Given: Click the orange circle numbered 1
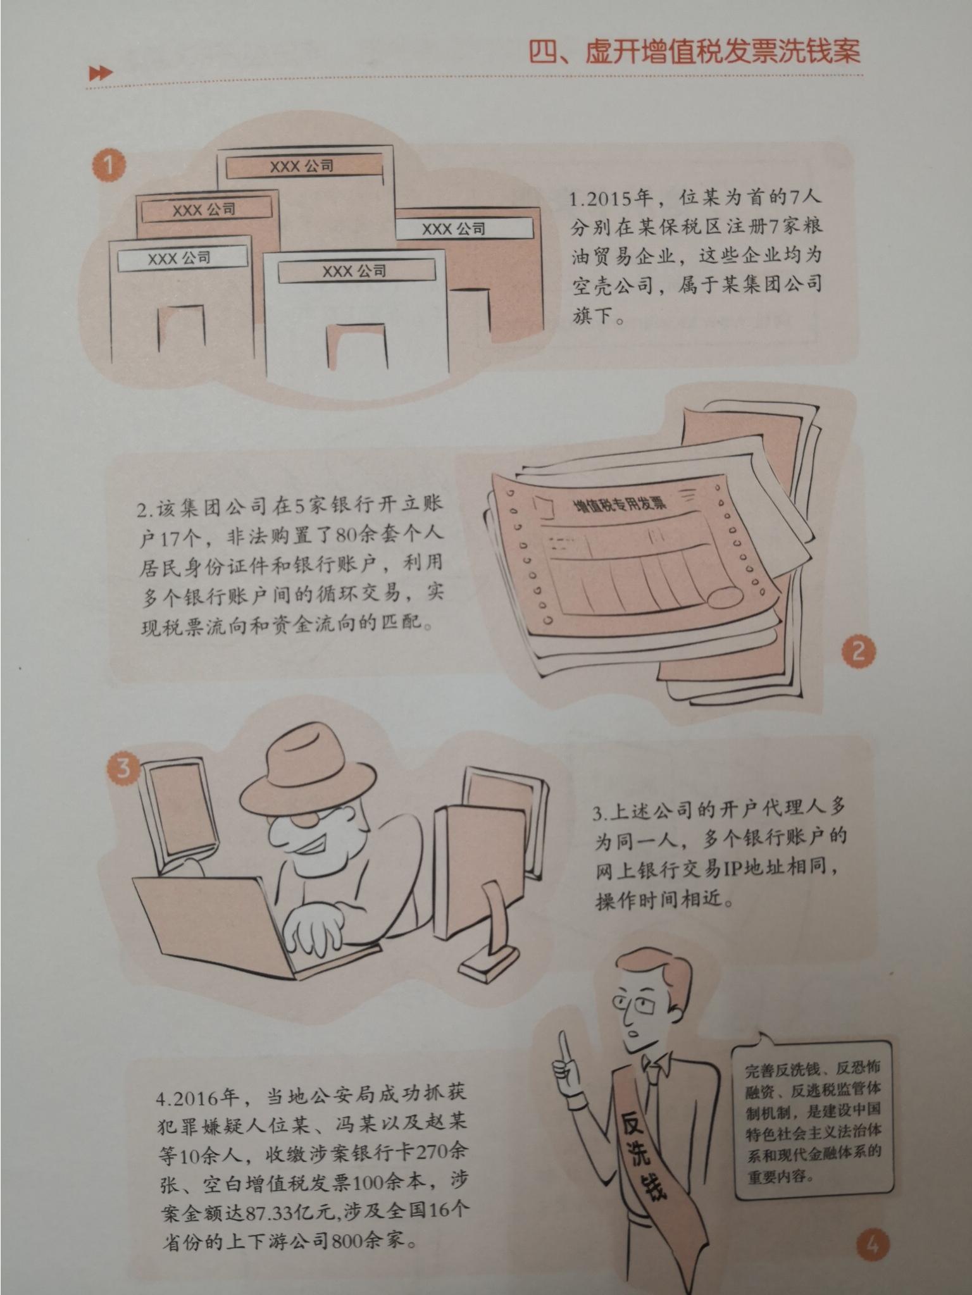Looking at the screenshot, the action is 108,166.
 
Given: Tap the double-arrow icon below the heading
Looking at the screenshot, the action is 101,73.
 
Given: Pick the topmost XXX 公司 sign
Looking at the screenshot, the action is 302,166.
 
